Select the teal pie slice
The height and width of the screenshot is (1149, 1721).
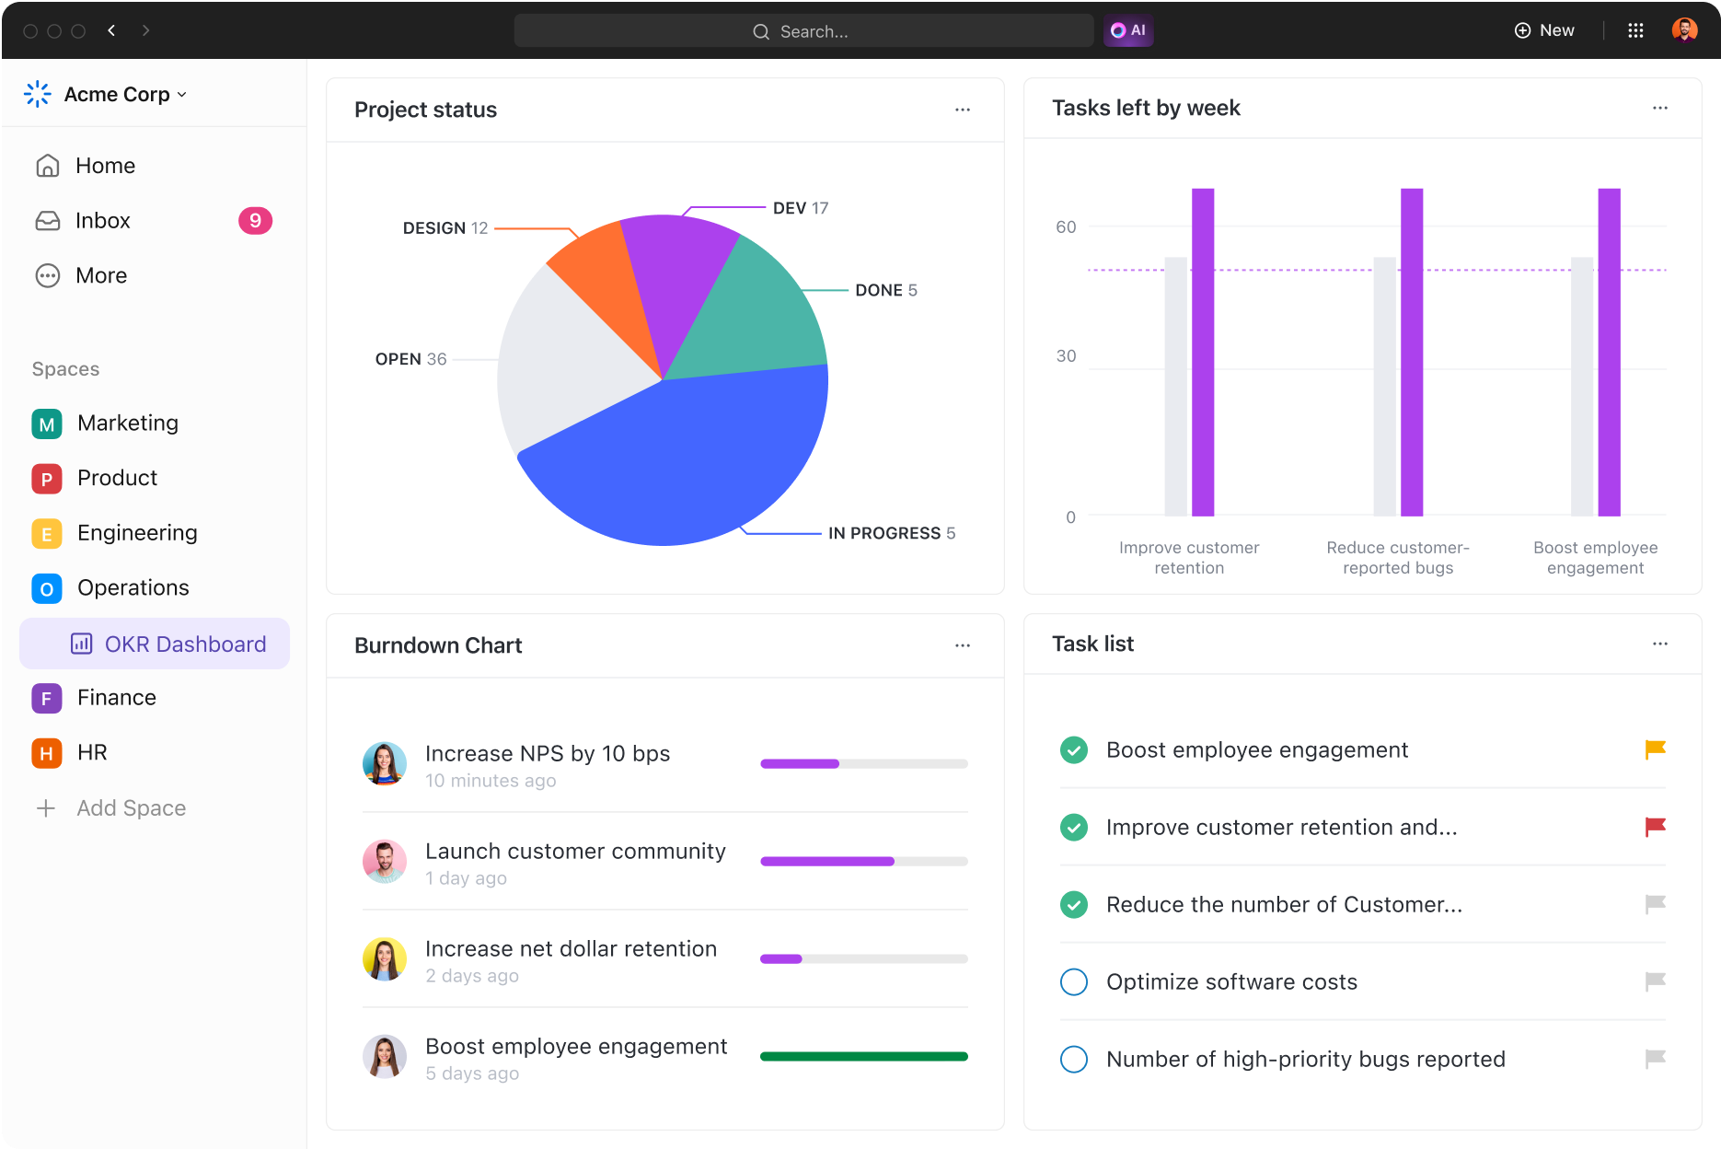click(x=755, y=313)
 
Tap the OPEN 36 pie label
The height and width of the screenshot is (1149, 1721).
click(x=410, y=359)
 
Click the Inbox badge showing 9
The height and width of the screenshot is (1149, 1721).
click(x=255, y=221)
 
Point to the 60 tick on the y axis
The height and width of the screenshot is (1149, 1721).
click(x=1066, y=226)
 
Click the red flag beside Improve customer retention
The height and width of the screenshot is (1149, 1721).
click(x=1655, y=827)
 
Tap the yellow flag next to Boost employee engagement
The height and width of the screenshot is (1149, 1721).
click(x=1655, y=749)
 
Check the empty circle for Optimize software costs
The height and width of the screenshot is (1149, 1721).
click(x=1073, y=981)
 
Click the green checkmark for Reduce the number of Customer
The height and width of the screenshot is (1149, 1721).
click(x=1073, y=904)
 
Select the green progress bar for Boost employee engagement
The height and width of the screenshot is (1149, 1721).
click(x=863, y=1056)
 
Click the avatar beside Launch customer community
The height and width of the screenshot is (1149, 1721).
click(x=385, y=862)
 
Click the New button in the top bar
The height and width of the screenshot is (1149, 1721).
click(x=1544, y=30)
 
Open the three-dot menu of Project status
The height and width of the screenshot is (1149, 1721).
click(x=963, y=110)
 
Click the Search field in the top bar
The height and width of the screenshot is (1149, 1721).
click(x=803, y=30)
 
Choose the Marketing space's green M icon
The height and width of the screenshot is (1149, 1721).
click(x=46, y=424)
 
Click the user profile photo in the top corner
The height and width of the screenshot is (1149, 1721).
click(x=1684, y=30)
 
